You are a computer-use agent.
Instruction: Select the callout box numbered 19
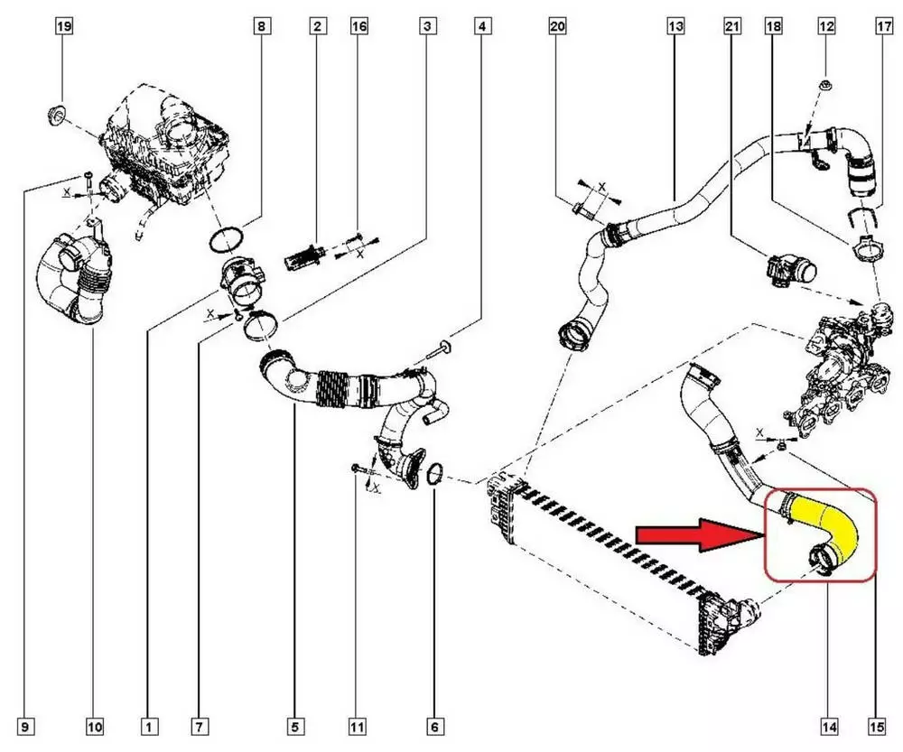tap(63, 26)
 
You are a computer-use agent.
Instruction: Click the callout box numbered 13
tap(675, 26)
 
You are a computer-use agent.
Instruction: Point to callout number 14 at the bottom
tap(828, 726)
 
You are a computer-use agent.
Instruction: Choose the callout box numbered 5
tap(295, 726)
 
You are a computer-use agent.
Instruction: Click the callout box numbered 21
tap(731, 26)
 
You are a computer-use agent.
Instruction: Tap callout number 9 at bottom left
tap(26, 726)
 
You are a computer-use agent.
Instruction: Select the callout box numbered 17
tap(882, 26)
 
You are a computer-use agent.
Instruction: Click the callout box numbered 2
tap(317, 26)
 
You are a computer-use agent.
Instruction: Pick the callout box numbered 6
tap(434, 726)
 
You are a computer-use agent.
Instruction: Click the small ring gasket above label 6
tap(434, 473)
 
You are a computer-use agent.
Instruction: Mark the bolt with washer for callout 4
tap(443, 346)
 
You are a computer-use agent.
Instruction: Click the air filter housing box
tap(167, 144)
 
